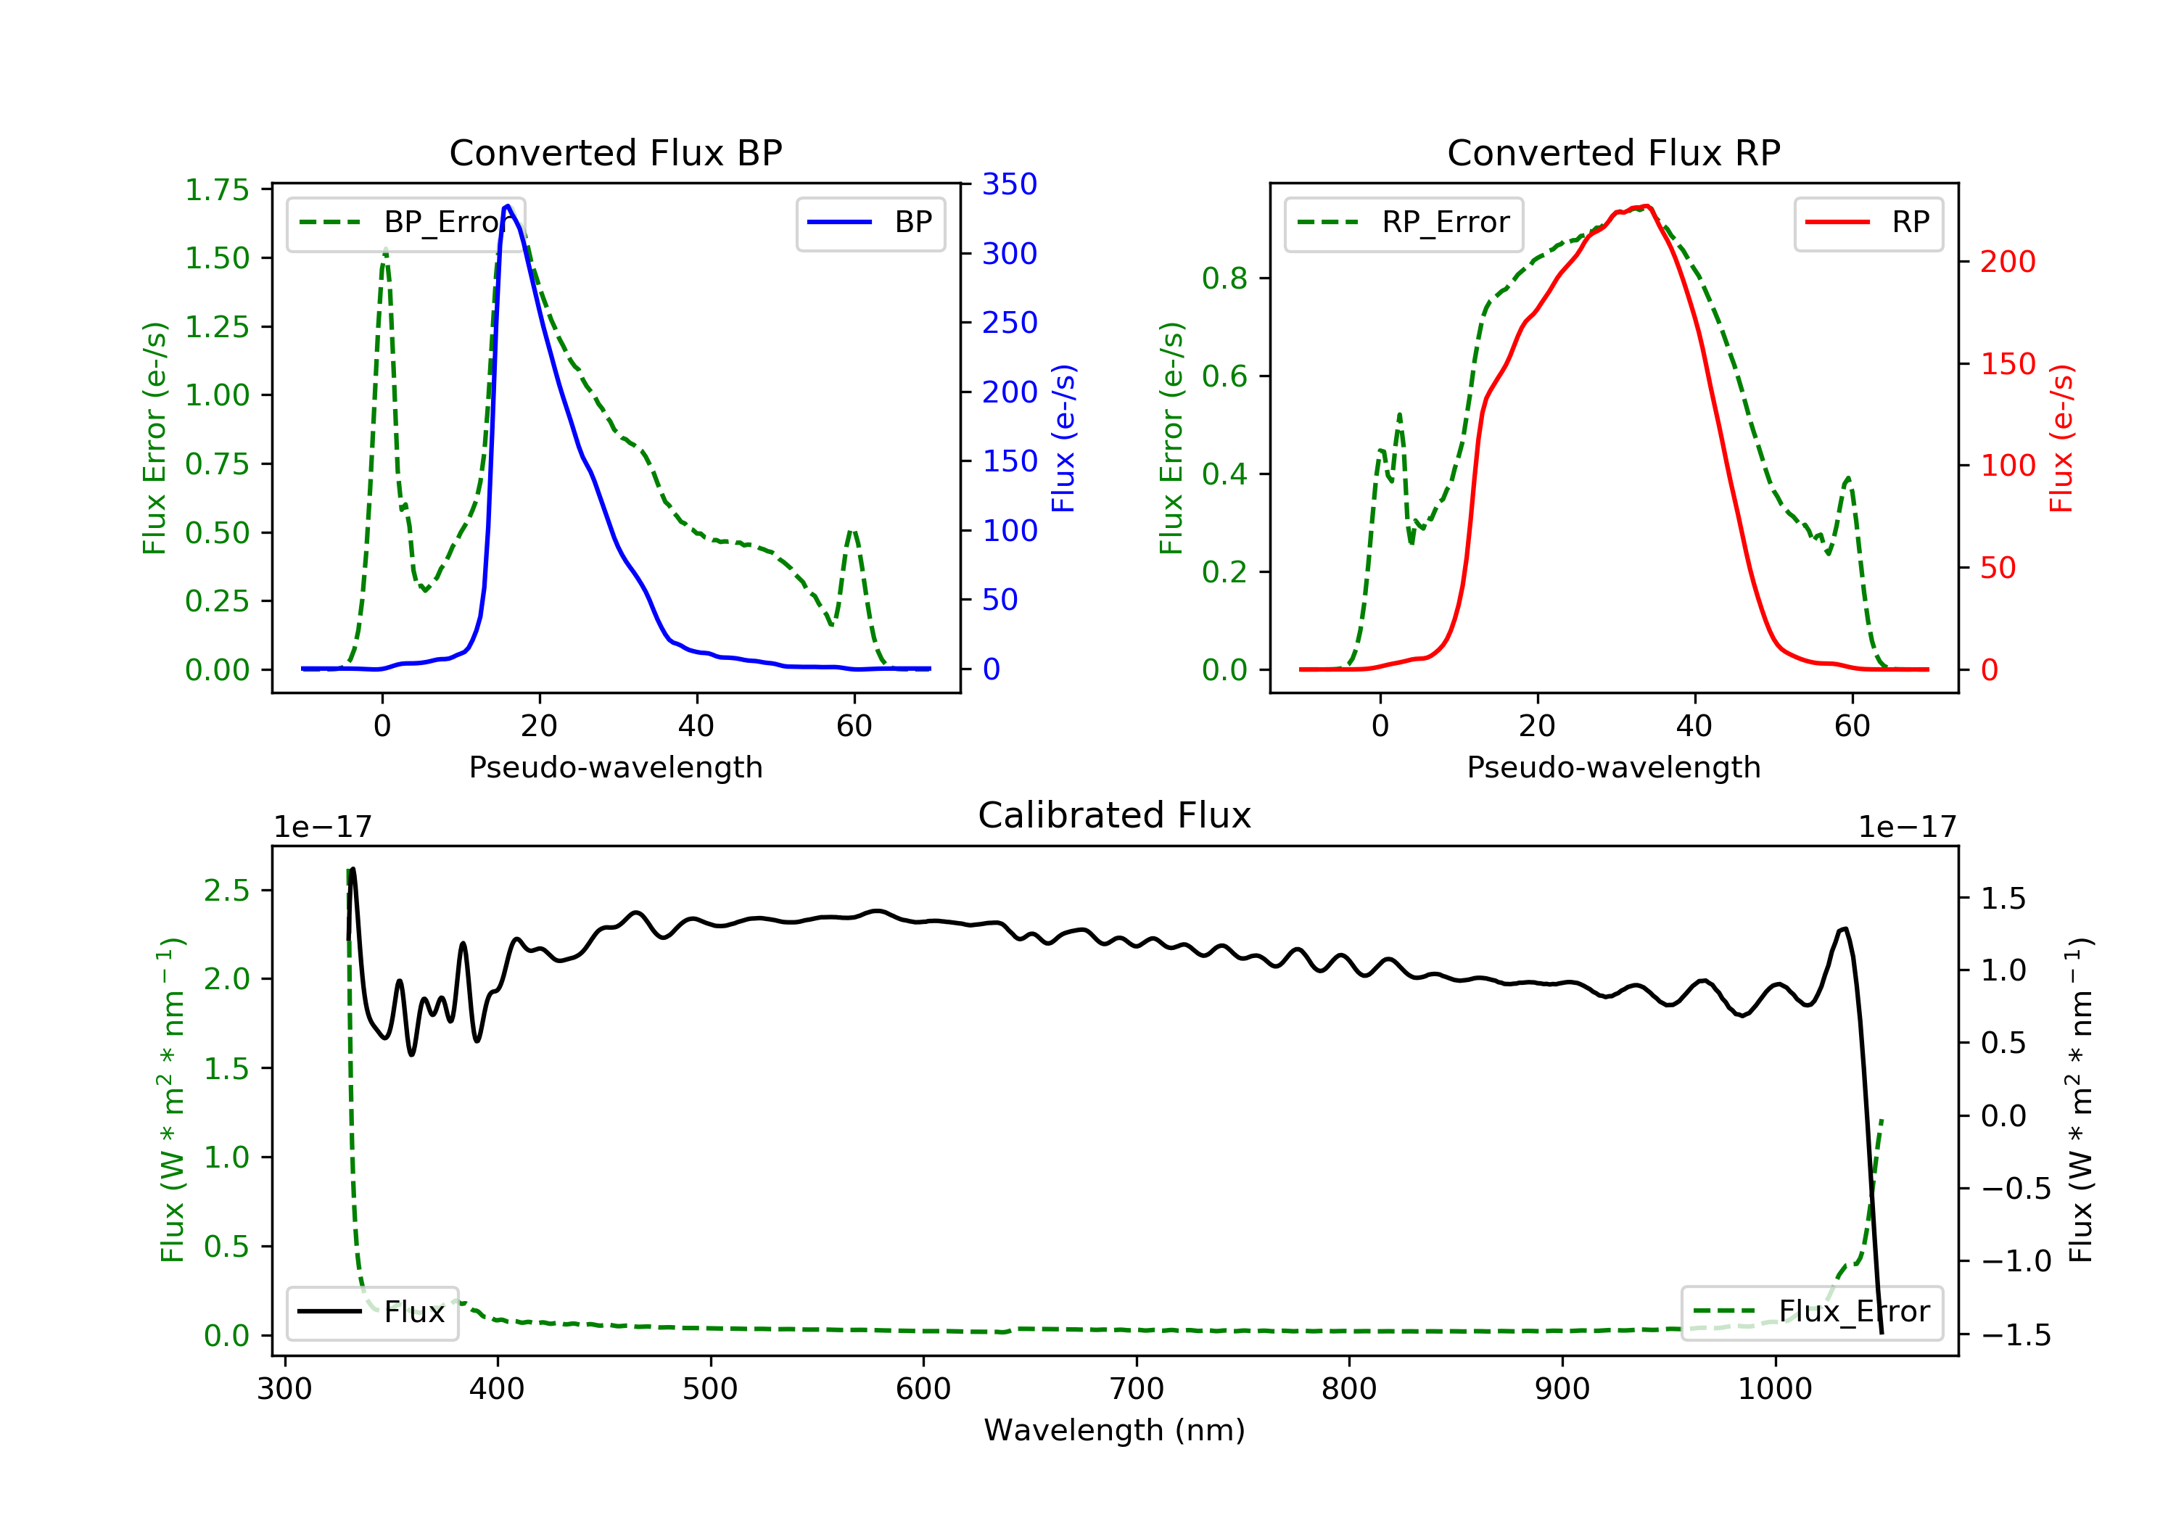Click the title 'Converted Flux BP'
tap(615, 152)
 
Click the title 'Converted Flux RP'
tap(1613, 152)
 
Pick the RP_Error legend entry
tap(1404, 223)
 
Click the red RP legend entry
tap(1868, 223)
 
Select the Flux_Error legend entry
tap(1811, 1312)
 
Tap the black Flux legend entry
tap(373, 1312)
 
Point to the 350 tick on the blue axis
tap(1008, 184)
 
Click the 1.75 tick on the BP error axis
tap(217, 189)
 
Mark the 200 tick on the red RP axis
tap(2007, 262)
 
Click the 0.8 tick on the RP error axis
tap(1224, 278)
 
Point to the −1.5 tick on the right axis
tap(2016, 1335)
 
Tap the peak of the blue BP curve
tap(508, 206)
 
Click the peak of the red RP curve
tap(1647, 206)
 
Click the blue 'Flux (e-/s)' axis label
tap(1063, 438)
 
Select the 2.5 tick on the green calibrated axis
tap(226, 891)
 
